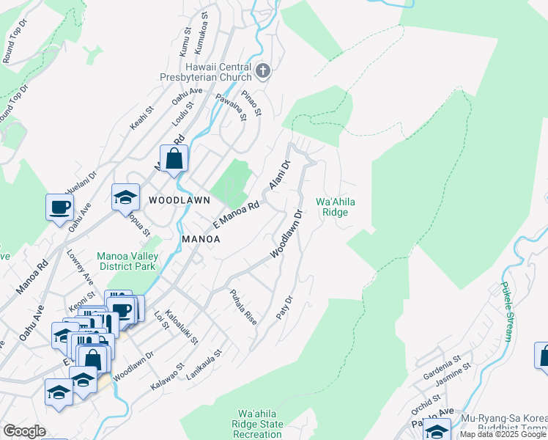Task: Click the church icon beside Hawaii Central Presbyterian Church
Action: tap(264, 71)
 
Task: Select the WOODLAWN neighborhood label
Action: tap(176, 199)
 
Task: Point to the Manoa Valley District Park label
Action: tap(126, 261)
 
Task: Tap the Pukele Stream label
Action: tap(506, 312)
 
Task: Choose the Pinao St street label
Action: tap(251, 104)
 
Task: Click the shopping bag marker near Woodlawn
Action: tap(174, 158)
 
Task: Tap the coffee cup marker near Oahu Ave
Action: tap(59, 207)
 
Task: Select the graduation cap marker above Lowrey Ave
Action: tap(125, 197)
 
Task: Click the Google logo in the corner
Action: tap(24, 430)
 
